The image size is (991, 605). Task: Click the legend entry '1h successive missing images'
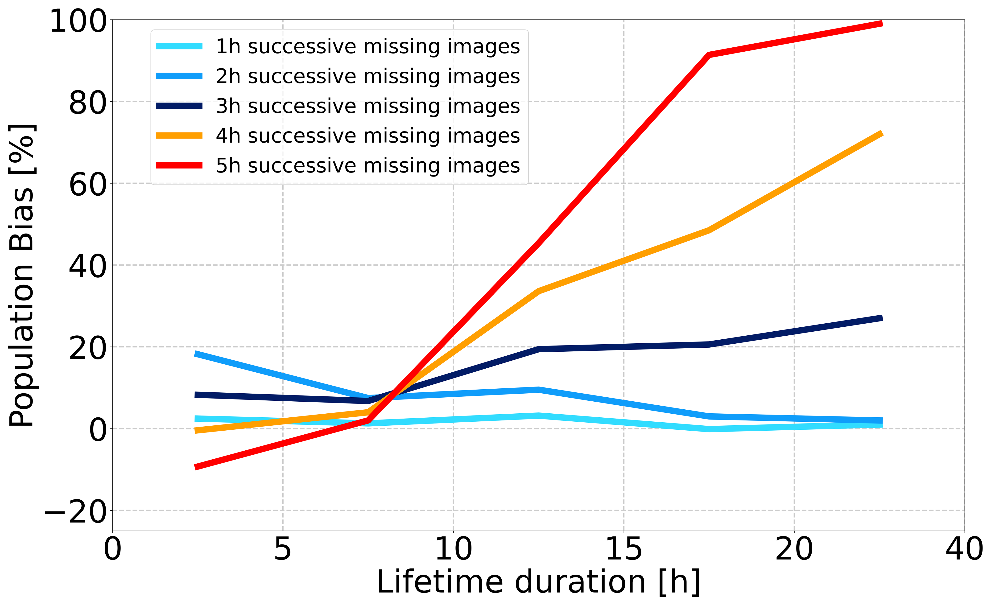[x=367, y=47]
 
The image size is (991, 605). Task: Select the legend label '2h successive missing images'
[x=367, y=76]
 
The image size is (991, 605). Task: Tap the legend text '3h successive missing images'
[x=367, y=106]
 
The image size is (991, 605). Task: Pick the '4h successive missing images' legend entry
[x=367, y=136]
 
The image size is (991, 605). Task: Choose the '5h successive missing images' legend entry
[x=367, y=166]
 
